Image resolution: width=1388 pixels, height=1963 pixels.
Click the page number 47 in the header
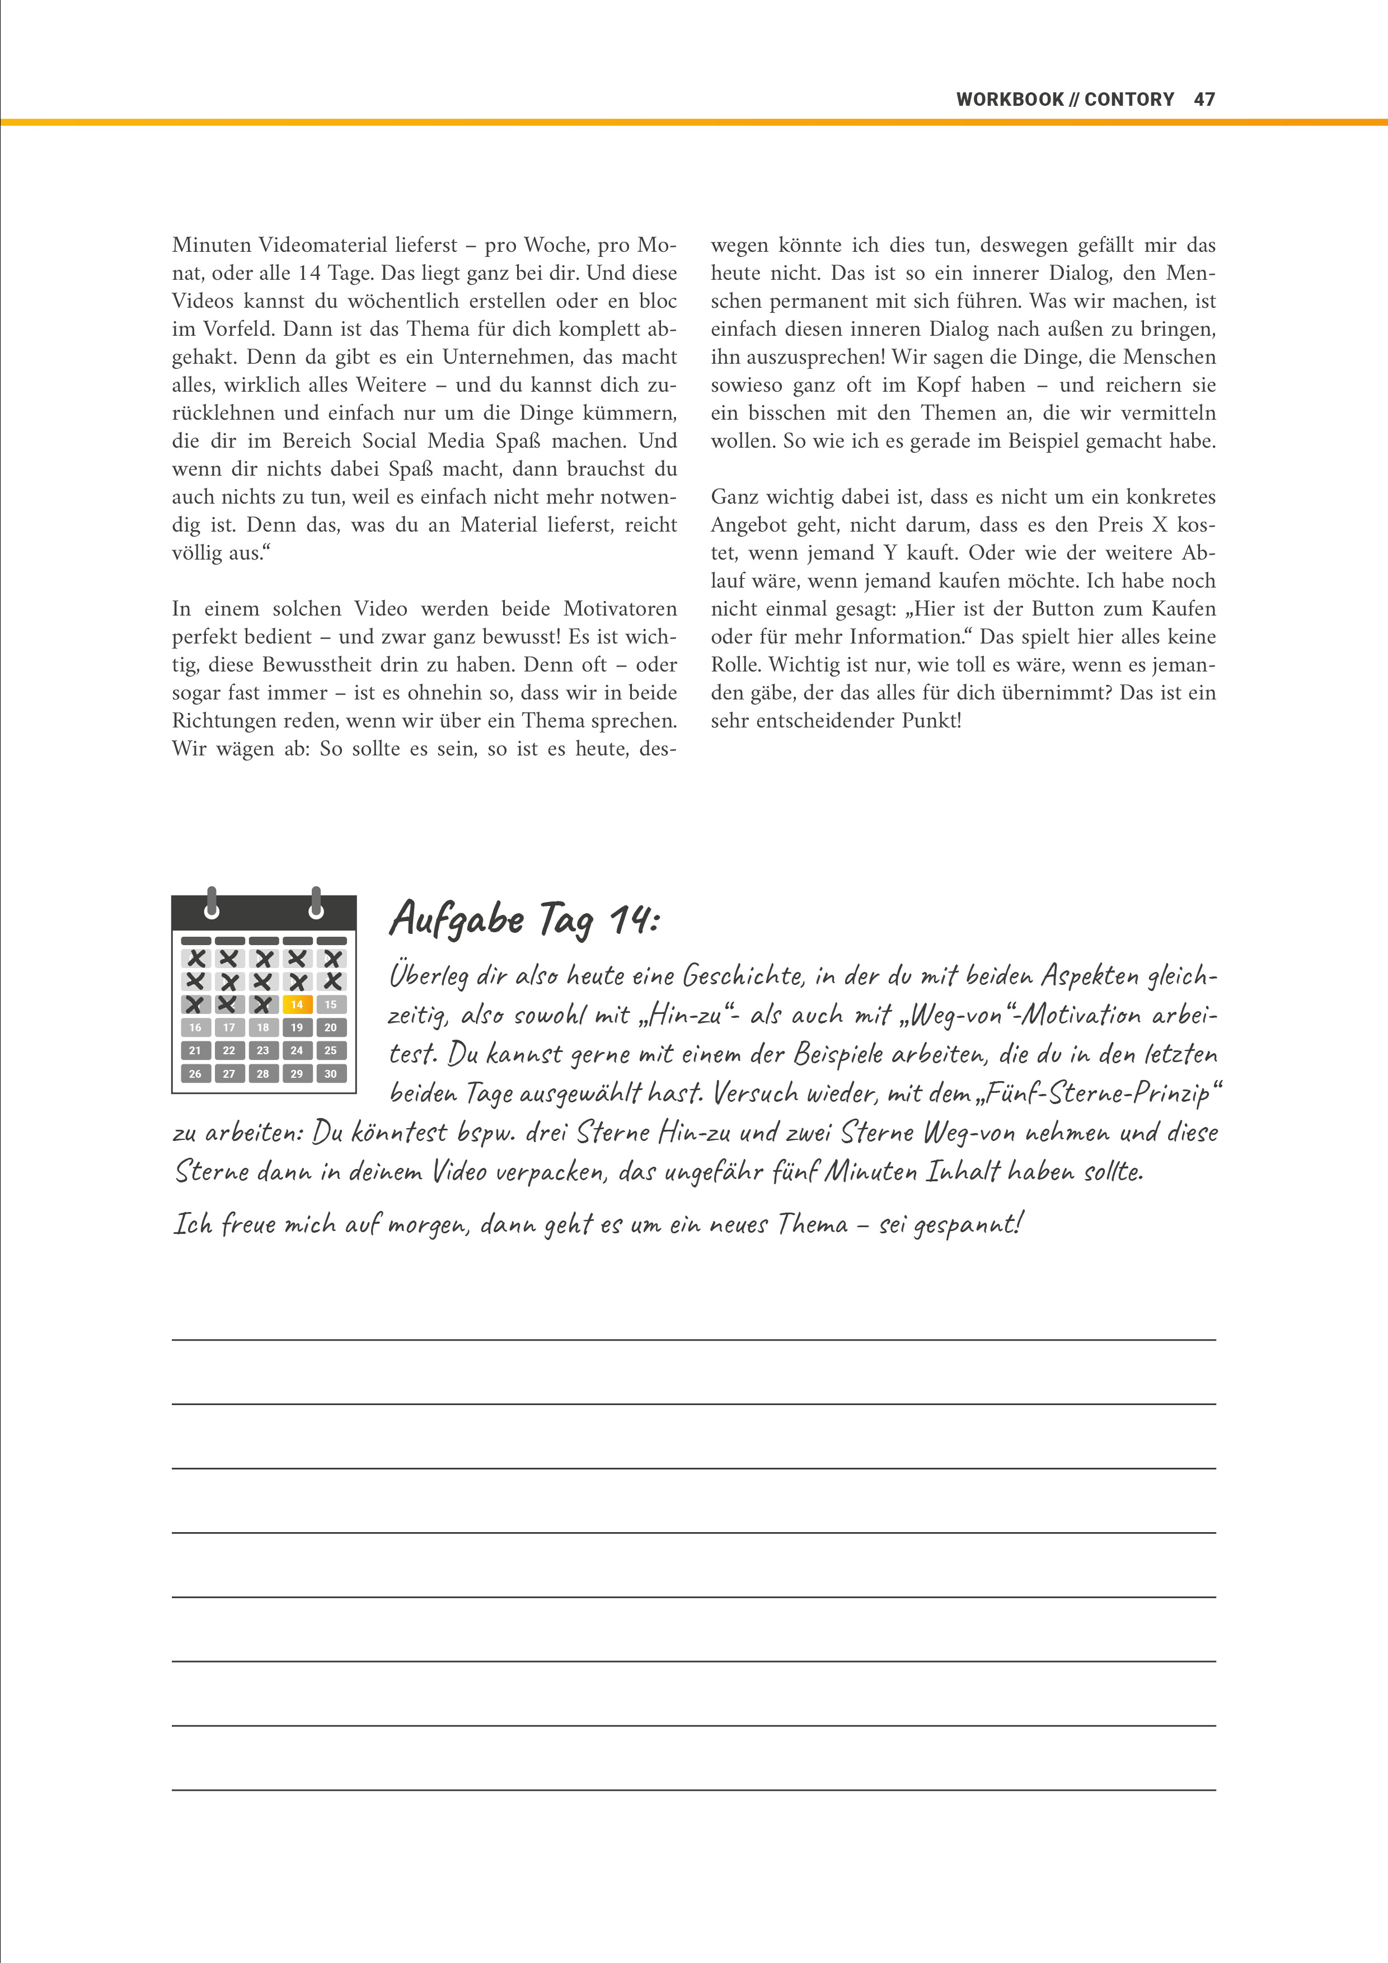point(1204,99)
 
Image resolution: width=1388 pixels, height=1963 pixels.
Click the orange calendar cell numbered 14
point(297,1004)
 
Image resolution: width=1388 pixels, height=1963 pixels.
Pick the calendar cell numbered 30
point(331,1074)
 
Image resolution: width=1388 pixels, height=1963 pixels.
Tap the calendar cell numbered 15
point(331,1004)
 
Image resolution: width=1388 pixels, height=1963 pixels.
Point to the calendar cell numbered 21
point(195,1051)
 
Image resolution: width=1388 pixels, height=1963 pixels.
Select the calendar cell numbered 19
point(297,1028)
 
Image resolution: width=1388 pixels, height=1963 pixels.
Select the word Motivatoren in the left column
point(620,609)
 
